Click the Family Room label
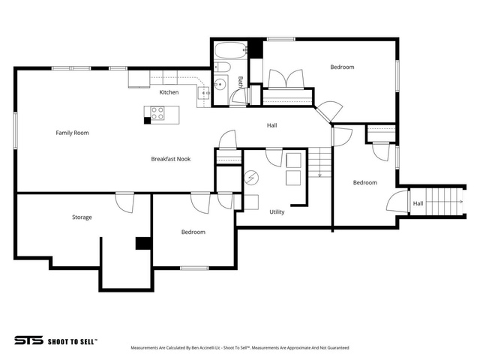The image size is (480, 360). click(72, 133)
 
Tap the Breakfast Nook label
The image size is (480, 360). click(171, 159)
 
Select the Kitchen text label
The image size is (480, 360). click(169, 92)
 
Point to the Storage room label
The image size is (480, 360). click(82, 217)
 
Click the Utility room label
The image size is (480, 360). click(277, 211)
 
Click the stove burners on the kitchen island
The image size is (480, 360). click(157, 112)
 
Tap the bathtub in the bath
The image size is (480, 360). click(231, 50)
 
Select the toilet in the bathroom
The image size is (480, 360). click(222, 67)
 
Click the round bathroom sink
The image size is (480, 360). click(220, 83)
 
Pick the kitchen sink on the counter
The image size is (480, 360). click(203, 93)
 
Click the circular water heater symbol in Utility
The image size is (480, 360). click(251, 178)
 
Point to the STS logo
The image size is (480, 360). click(28, 340)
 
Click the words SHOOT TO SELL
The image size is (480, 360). click(72, 342)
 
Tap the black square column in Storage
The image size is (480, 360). click(143, 243)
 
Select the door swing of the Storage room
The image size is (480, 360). click(125, 202)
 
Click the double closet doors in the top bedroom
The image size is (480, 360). click(286, 79)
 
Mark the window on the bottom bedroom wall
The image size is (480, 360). click(194, 268)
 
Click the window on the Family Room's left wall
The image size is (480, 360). click(15, 130)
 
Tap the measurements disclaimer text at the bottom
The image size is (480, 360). click(240, 348)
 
